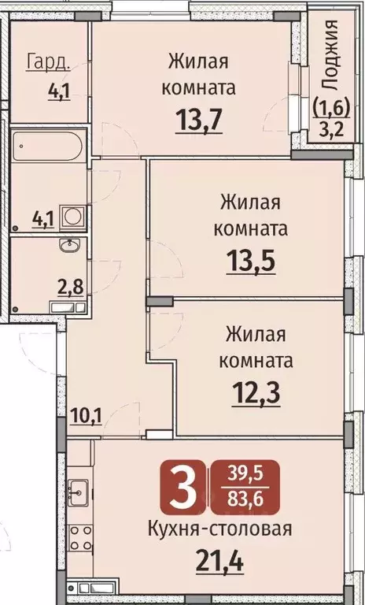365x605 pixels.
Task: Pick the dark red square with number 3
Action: point(184,488)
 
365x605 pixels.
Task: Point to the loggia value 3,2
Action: point(332,124)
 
